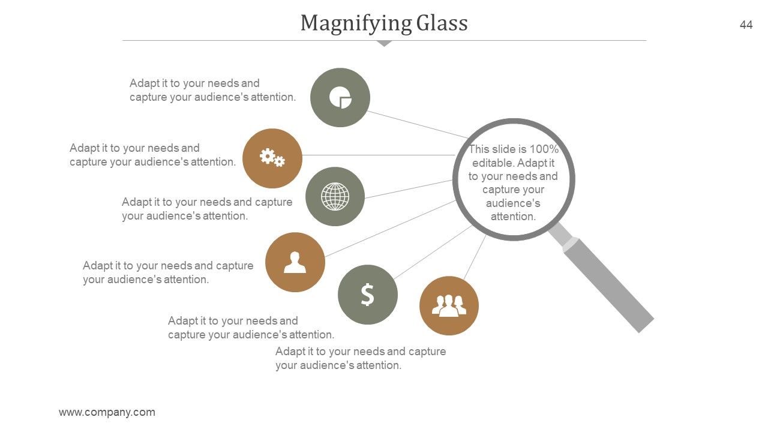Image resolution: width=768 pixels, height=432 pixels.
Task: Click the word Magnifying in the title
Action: (x=356, y=24)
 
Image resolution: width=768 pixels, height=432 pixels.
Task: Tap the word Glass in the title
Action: (x=442, y=23)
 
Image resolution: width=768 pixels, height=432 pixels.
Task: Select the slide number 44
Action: (x=746, y=25)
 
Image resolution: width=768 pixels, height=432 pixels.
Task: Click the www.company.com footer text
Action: (x=107, y=412)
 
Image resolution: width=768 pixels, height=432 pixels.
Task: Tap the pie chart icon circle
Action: (x=340, y=97)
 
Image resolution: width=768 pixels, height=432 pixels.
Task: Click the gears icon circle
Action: (x=272, y=158)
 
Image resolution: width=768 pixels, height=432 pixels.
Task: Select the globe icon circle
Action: (x=335, y=196)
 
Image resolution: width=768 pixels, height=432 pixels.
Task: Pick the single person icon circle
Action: (x=295, y=262)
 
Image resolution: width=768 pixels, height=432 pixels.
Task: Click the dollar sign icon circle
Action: (x=368, y=295)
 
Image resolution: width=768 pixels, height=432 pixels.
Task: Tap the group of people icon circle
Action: (x=449, y=305)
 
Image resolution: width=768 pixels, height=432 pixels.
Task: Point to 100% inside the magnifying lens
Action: (x=544, y=149)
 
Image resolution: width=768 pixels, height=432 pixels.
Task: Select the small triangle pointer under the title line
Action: (x=384, y=43)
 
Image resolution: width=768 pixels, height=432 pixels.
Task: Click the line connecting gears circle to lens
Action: (x=379, y=155)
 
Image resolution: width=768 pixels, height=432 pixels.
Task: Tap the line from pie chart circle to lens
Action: (x=418, y=124)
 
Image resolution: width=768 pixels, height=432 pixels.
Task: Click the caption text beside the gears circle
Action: (x=152, y=155)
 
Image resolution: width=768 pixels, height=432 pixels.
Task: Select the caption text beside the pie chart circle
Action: (x=212, y=90)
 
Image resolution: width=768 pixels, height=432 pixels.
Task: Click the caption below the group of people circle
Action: (x=361, y=358)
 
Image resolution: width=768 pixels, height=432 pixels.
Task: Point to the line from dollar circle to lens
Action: (x=433, y=253)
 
